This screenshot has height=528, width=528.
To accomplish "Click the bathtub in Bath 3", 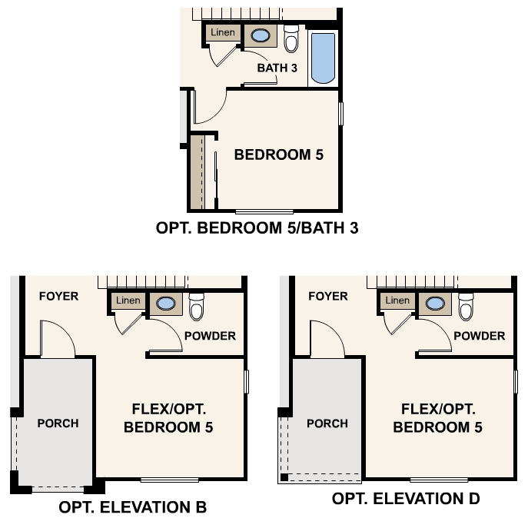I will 323,58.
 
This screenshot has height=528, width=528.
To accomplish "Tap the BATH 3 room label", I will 277,68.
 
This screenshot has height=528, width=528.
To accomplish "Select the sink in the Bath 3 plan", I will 261,35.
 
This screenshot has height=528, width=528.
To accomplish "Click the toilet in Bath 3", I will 291,38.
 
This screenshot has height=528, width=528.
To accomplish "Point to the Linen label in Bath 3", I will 223,33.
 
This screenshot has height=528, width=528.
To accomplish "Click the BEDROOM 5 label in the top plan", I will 278,154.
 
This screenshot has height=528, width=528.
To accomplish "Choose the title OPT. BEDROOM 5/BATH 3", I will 257,227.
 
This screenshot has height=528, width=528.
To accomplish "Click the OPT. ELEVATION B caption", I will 132,507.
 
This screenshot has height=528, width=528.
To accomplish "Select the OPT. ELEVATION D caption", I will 406,499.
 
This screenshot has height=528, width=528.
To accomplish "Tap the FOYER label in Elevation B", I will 58,296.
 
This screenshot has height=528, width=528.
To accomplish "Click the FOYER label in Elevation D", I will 327,296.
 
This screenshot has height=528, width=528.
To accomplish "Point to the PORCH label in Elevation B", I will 58,423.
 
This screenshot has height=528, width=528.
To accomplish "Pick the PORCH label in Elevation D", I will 327,423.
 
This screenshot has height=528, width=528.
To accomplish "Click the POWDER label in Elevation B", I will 210,336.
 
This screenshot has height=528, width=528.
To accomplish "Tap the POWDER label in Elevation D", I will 480,336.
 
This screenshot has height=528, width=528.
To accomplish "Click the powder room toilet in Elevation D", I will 465,307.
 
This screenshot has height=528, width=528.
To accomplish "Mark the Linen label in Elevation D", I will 397,301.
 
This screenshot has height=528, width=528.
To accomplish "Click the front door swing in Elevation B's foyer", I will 56,340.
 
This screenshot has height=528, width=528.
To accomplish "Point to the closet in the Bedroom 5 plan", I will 198,172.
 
